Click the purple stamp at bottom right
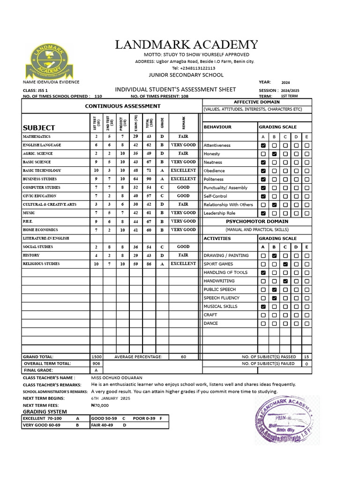click(286, 420)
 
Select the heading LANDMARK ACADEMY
click(187, 45)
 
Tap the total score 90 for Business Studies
click(149, 179)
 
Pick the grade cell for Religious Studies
click(162, 264)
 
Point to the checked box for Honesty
click(274, 154)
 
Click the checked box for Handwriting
click(285, 281)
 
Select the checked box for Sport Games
click(285, 264)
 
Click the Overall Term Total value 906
click(97, 364)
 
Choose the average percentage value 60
click(183, 357)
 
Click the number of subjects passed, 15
click(306, 357)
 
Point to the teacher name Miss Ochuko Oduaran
click(117, 377)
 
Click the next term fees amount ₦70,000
click(99, 405)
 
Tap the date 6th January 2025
click(110, 398)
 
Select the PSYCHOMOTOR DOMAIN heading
click(257, 221)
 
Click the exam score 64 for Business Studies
click(135, 179)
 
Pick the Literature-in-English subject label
click(46, 239)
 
